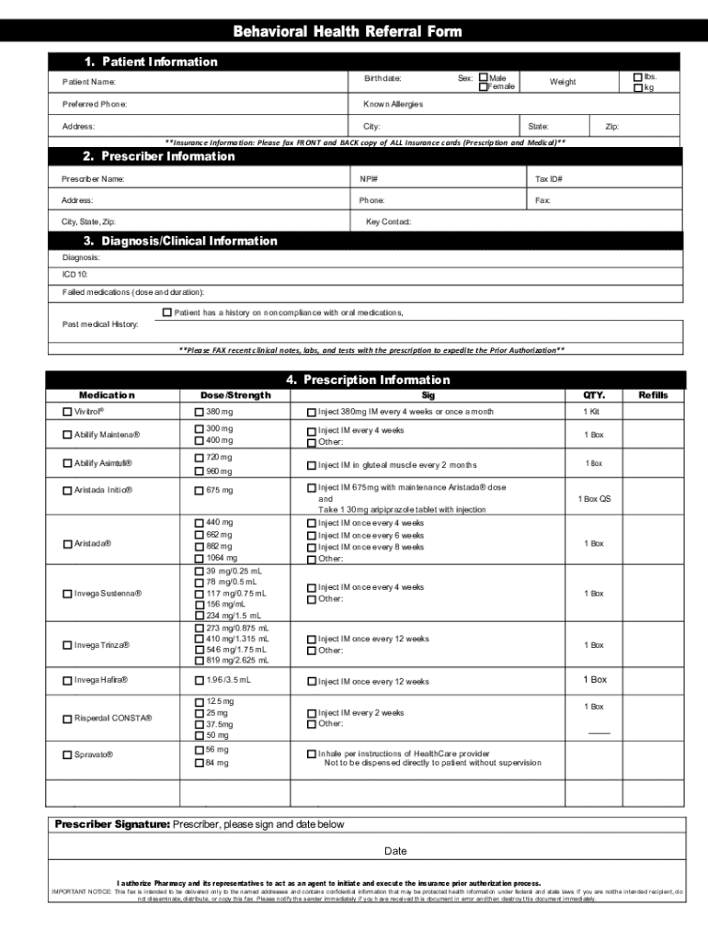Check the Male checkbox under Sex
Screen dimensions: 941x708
click(483, 78)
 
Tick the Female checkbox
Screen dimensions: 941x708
click(483, 86)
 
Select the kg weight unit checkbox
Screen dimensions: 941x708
click(638, 87)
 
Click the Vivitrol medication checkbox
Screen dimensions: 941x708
click(67, 411)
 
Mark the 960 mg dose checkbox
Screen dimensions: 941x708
click(199, 471)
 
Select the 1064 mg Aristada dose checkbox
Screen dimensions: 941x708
click(199, 558)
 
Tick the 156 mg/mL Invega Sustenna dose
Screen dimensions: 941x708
click(199, 605)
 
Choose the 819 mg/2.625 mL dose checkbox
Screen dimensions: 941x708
click(199, 660)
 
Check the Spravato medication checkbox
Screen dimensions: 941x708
click(67, 755)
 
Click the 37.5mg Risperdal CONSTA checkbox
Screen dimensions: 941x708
click(199, 724)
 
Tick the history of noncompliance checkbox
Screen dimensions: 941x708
click(166, 312)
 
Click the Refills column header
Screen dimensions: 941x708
click(653, 395)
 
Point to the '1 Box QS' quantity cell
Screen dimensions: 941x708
click(593, 499)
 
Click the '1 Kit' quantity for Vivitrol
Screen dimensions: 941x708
click(593, 412)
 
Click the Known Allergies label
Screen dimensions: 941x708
click(393, 104)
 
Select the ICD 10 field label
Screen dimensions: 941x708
click(74, 274)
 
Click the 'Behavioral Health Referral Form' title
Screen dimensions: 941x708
click(348, 32)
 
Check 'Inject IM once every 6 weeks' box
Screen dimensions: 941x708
click(311, 535)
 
